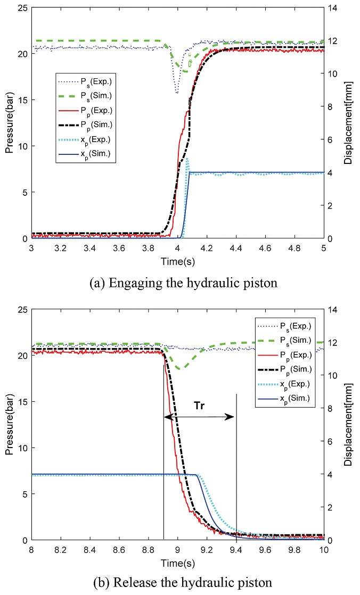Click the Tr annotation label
199,404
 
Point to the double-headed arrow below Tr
199,417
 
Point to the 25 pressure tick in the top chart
22,8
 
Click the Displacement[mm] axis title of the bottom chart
348,425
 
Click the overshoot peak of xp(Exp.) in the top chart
187,158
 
